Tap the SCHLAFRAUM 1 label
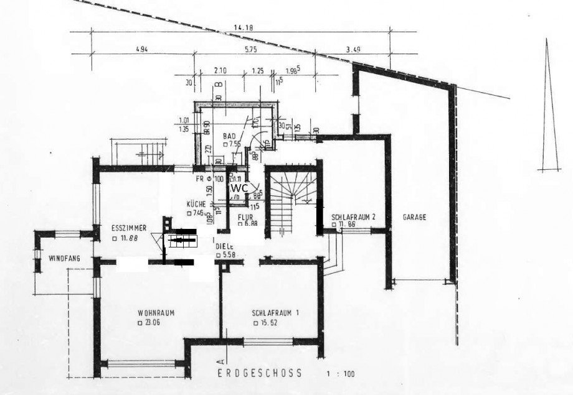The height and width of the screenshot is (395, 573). click(x=275, y=313)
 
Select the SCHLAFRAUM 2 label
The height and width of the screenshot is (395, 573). click(x=353, y=217)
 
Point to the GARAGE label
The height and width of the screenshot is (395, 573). click(x=414, y=218)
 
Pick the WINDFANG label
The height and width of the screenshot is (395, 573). click(x=62, y=258)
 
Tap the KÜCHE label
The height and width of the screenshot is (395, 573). click(x=196, y=204)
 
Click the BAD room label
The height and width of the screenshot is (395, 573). click(x=229, y=134)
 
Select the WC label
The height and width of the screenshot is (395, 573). click(x=239, y=187)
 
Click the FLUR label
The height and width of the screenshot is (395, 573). click(x=244, y=217)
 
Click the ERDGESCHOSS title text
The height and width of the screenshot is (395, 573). click(x=260, y=373)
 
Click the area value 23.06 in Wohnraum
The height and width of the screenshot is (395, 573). click(x=149, y=323)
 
